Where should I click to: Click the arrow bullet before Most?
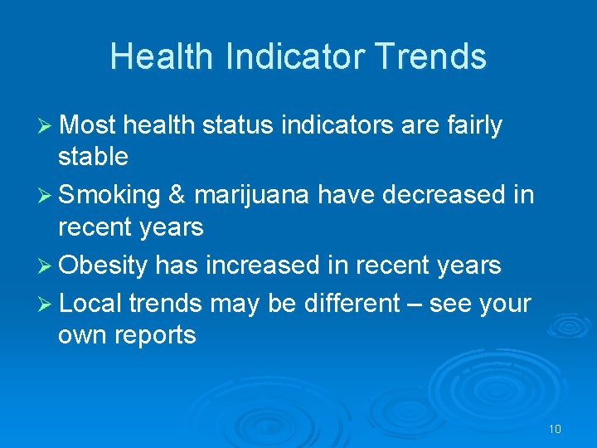click(46, 125)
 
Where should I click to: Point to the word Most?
click(88, 125)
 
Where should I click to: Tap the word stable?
click(93, 156)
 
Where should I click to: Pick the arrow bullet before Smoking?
click(46, 195)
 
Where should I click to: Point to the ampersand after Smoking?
click(177, 195)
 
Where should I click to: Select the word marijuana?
click(250, 196)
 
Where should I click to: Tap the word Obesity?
click(104, 265)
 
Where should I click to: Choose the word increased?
click(261, 265)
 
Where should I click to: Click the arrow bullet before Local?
click(46, 304)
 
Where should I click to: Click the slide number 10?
click(555, 429)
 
